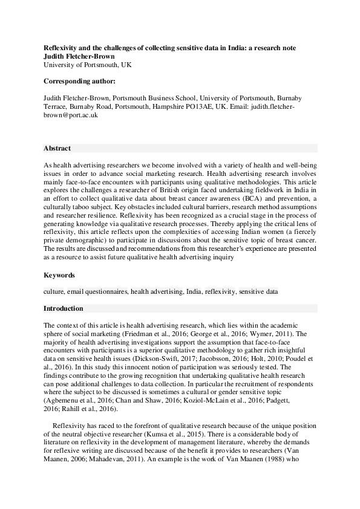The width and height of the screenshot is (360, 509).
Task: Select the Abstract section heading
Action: click(x=57, y=148)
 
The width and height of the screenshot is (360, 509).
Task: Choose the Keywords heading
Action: click(x=59, y=276)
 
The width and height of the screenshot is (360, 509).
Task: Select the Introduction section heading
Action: click(x=64, y=308)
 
